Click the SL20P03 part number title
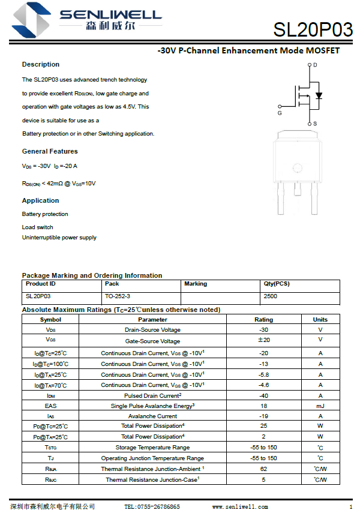[313, 29]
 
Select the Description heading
[41, 64]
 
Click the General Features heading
[50, 151]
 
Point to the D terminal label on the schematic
[315, 65]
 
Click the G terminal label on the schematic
[280, 113]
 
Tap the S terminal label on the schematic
[315, 124]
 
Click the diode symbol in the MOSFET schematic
[319, 95]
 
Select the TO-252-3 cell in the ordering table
[118, 296]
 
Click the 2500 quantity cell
[271, 296]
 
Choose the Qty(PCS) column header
[277, 284]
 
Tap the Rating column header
[263, 320]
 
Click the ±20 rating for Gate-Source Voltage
[263, 340]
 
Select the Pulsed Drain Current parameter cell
[153, 396]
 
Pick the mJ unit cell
[320, 406]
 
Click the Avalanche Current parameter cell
[152, 416]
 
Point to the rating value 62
[263, 469]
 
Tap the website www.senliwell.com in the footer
[240, 507]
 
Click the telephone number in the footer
[152, 507]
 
